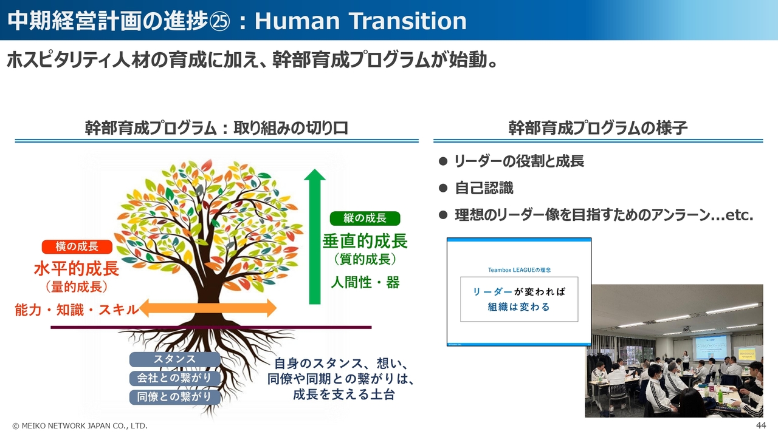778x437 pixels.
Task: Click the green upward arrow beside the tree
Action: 315,237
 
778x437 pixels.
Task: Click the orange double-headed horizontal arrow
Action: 208,308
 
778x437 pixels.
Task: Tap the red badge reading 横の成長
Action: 77,246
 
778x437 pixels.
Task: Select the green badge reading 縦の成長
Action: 365,218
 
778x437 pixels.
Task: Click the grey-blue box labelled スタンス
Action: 174,359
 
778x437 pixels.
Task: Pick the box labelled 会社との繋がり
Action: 174,378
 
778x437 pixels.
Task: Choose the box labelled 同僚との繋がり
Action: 174,397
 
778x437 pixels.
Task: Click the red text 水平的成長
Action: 77,269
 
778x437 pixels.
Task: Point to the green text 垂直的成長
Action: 365,241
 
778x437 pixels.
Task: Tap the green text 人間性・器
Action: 365,282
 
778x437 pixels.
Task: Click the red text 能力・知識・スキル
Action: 77,310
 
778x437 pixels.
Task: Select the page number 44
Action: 761,425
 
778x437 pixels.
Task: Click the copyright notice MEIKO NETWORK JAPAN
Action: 80,426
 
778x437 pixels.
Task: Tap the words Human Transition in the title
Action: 361,21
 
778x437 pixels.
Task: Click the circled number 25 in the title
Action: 219,21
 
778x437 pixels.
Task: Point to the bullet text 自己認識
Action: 484,188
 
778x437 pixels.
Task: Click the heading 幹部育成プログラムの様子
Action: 597,128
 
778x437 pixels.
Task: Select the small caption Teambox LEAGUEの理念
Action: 519,270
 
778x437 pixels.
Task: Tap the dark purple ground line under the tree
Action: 211,327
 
